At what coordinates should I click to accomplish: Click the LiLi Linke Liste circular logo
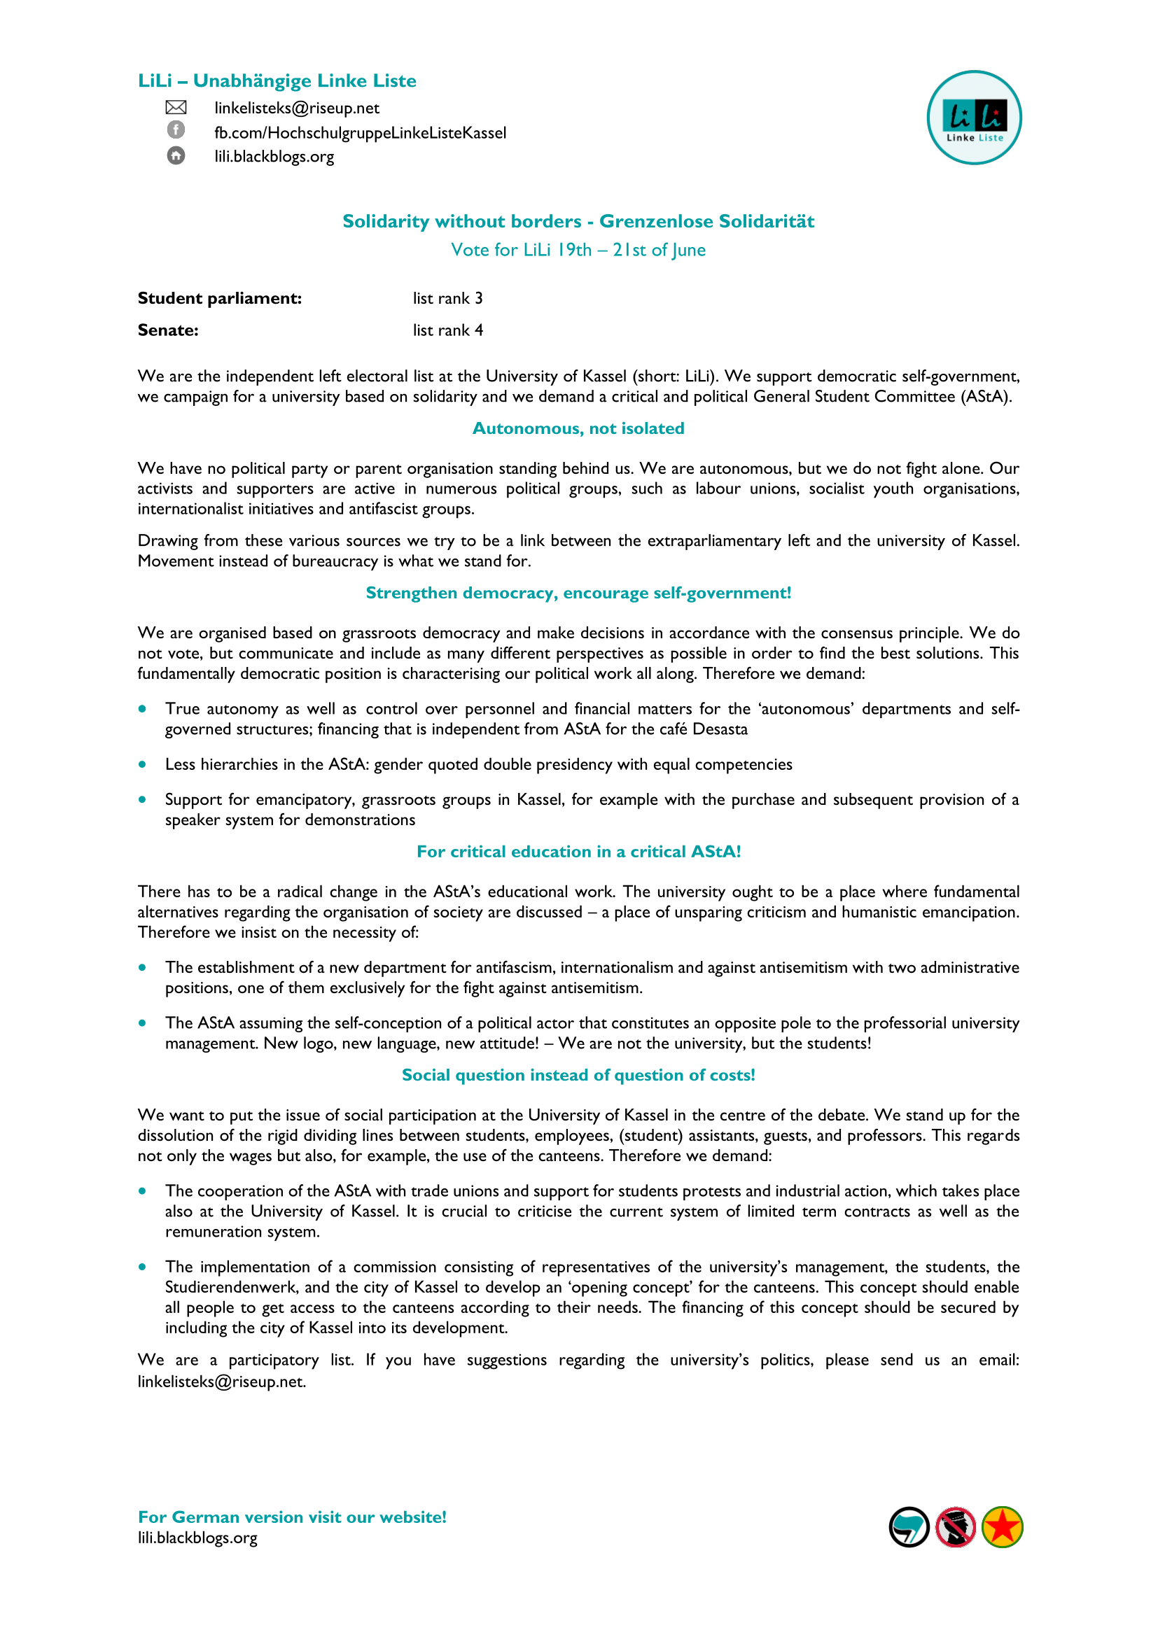(974, 118)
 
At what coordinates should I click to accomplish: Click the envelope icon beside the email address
(176, 108)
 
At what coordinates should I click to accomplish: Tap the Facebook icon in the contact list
(176, 129)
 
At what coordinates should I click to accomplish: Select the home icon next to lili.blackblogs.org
(176, 155)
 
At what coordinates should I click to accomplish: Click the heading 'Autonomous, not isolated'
(578, 428)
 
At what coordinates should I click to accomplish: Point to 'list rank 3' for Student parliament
(448, 299)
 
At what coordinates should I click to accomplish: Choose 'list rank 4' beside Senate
(448, 331)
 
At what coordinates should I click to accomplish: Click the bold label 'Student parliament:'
(220, 299)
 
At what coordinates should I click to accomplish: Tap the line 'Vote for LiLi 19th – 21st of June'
(578, 251)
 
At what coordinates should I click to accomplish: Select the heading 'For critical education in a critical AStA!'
(578, 852)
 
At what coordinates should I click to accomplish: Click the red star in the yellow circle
(1003, 1527)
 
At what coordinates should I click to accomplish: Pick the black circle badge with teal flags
(909, 1527)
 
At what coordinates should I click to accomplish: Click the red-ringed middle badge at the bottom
(956, 1527)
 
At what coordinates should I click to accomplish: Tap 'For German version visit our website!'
(293, 1517)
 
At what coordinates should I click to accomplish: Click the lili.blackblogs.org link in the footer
(197, 1538)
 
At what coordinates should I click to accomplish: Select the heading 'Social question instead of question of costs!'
(578, 1075)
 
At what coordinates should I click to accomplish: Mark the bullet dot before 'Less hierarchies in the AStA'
(144, 764)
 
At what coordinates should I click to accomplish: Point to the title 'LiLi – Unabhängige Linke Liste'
(277, 81)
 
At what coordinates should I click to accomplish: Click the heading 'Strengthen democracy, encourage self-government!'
(578, 593)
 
